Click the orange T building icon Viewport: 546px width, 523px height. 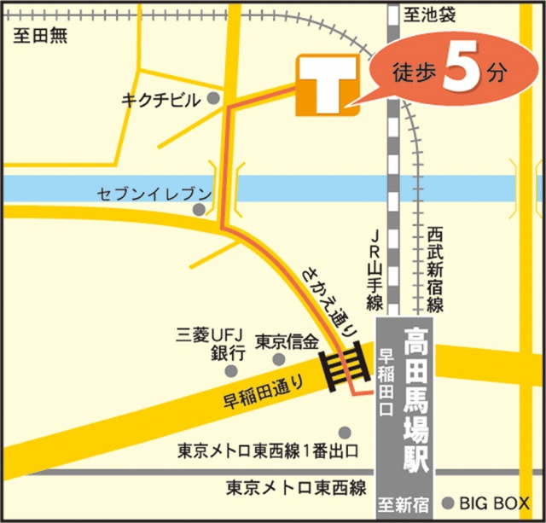328,85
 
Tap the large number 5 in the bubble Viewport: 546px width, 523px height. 458,72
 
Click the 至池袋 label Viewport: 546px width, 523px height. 433,14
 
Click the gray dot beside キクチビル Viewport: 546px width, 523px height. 213,99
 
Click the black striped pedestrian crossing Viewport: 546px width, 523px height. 345,365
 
